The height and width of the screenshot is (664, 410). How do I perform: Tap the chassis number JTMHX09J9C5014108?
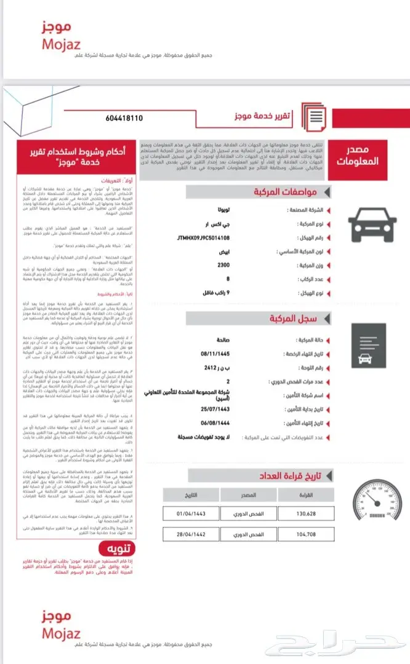203,237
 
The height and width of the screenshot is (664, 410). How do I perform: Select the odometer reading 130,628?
306,513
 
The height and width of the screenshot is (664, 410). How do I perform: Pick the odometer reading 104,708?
306,534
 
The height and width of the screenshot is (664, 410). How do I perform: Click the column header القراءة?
306,495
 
